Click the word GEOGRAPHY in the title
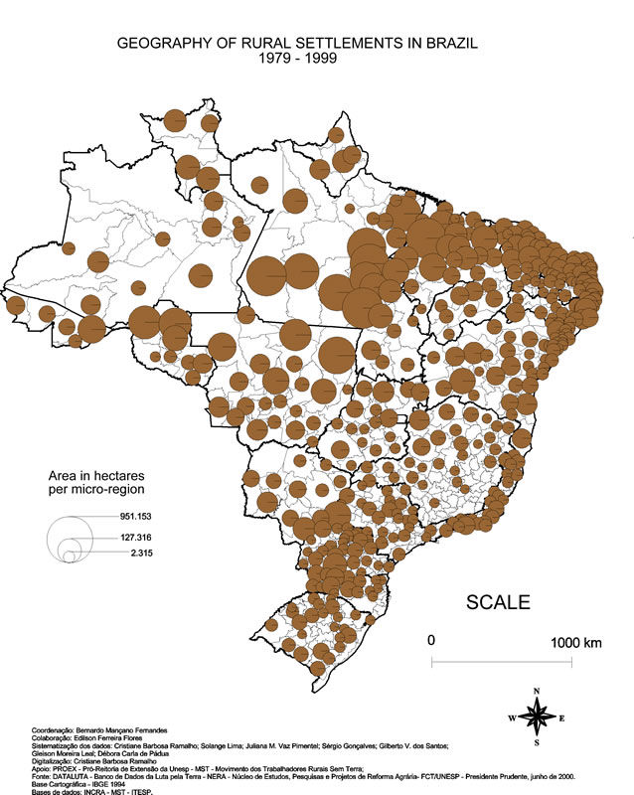click(x=160, y=44)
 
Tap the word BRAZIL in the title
click(x=452, y=44)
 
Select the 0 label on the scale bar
click(x=431, y=641)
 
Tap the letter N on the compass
click(x=537, y=690)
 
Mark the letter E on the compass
click(x=561, y=716)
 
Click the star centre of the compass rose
click(x=537, y=715)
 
